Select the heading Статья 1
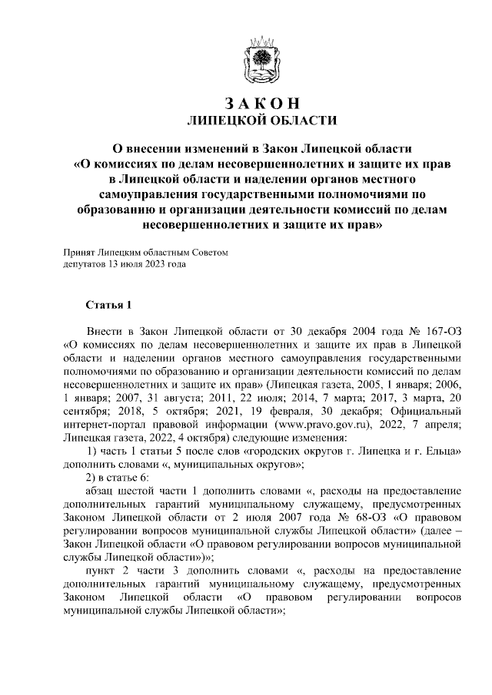(109, 305)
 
